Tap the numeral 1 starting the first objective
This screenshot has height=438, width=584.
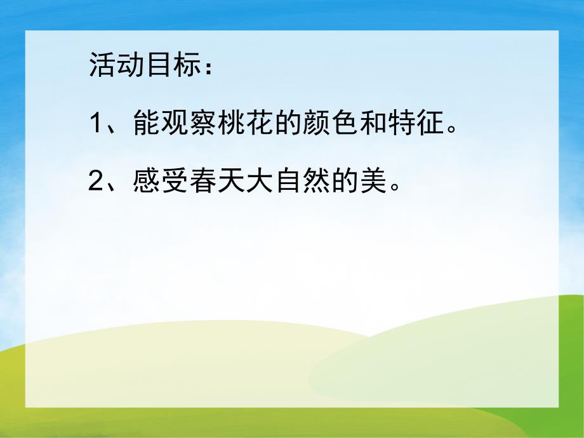96,123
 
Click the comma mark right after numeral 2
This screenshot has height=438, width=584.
119,188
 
